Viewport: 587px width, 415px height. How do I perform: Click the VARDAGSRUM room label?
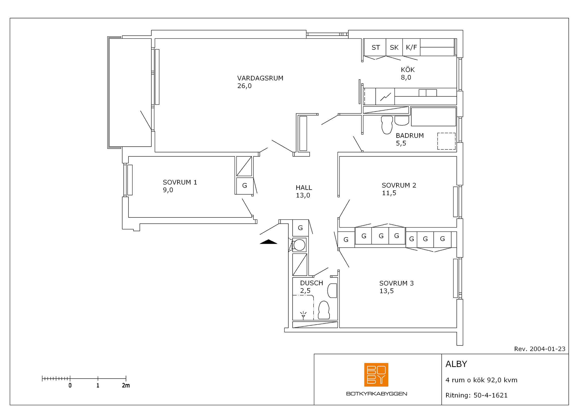tap(260, 78)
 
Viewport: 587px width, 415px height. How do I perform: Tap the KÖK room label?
tap(408, 70)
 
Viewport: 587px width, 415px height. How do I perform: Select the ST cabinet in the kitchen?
tap(375, 47)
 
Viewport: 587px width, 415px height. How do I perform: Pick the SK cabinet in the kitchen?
tap(394, 47)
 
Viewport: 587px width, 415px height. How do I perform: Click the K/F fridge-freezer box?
tap(411, 47)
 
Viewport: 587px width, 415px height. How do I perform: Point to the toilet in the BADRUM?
tap(387, 125)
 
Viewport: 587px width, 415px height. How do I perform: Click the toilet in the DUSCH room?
tap(324, 310)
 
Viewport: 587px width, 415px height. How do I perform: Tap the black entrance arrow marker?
tap(269, 242)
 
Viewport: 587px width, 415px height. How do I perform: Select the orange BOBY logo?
tap(376, 375)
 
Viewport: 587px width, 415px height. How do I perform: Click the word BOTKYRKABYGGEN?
tap(376, 394)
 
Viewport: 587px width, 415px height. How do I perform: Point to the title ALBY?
tap(456, 364)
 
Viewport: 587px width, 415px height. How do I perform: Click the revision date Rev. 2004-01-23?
tap(540, 349)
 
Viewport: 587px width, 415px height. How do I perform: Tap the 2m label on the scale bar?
tap(126, 385)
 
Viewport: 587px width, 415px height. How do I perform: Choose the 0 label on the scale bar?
tap(70, 385)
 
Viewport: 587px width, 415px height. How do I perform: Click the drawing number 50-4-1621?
tap(490, 395)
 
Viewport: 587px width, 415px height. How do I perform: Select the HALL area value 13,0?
tap(303, 196)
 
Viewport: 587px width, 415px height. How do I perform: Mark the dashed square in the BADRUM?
tap(446, 141)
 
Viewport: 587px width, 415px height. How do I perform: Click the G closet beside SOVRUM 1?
tap(245, 186)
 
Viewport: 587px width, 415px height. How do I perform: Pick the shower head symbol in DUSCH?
tap(303, 315)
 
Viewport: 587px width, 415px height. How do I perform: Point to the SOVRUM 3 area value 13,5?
tap(386, 291)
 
